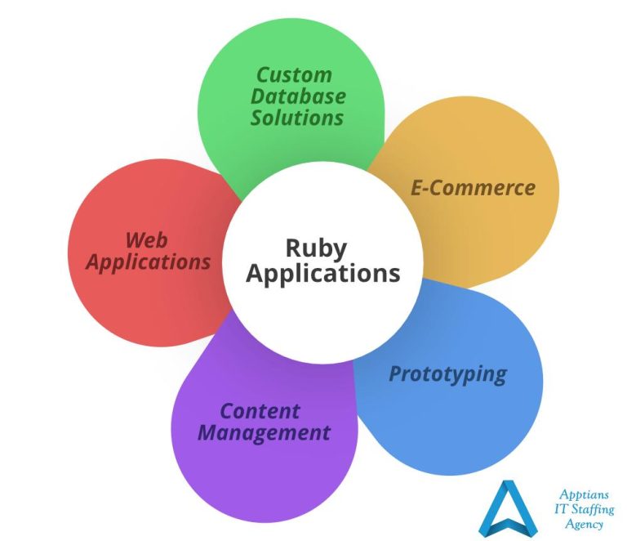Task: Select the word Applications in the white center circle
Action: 322,273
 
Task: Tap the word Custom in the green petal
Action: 294,75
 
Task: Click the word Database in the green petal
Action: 297,96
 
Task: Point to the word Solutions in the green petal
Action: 296,118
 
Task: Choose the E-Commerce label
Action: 473,188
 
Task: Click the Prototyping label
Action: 447,374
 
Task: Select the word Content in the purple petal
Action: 260,411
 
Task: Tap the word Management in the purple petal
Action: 264,432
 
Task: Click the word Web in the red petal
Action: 146,240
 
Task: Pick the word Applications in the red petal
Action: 148,262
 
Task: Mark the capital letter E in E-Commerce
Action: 416,188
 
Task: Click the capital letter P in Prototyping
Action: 395,374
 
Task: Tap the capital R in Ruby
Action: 293,248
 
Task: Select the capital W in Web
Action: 135,240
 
